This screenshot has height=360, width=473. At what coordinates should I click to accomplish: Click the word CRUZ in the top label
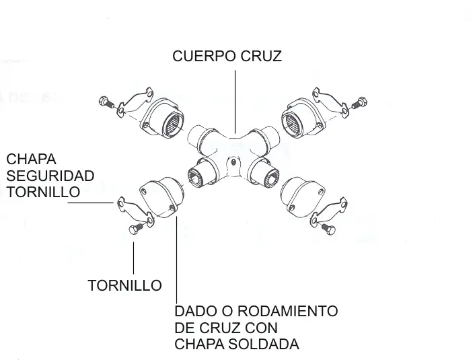pos(261,56)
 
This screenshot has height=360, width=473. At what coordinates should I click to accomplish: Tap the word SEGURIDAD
pos(50,176)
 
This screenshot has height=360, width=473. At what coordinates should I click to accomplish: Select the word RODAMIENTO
pos(287,311)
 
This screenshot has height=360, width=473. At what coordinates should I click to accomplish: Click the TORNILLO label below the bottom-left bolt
pos(124,285)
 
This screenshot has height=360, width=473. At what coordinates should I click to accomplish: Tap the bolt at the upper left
pos(106,102)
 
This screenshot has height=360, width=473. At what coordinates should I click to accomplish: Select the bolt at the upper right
pos(359,102)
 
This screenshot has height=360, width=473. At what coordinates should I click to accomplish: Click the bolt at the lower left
pos(135,229)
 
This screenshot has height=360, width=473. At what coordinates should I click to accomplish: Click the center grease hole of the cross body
pos(233,162)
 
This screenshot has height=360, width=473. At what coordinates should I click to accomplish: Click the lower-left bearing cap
pos(161,197)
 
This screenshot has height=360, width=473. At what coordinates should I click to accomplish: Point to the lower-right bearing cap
pos(303,197)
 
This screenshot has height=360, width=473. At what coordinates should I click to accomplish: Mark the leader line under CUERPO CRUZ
pos(235,102)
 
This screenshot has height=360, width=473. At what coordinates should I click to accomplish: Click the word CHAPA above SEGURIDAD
pos(31,159)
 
